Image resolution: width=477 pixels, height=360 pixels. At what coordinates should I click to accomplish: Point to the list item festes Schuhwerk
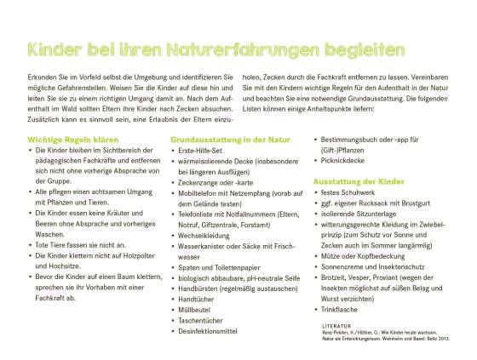click(x=351, y=195)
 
